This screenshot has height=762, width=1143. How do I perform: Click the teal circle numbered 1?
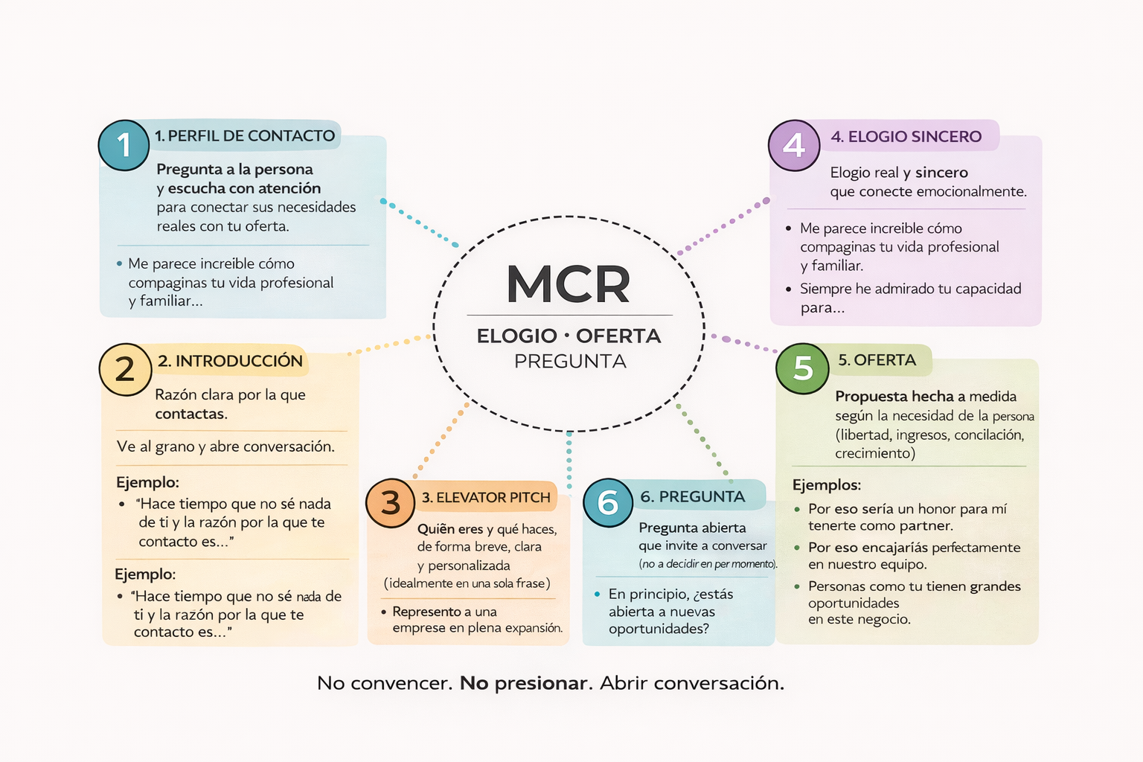[x=124, y=145]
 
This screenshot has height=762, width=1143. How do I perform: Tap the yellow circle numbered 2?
[x=125, y=369]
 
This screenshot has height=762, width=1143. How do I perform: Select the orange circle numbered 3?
[x=391, y=503]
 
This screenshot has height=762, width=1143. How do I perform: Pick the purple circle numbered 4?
[x=794, y=145]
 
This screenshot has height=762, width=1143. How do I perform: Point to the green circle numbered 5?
[x=802, y=368]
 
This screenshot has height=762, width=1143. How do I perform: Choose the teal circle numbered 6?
[x=608, y=503]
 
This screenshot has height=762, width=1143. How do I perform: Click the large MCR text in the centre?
[x=569, y=284]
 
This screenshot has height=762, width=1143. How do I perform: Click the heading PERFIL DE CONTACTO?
[x=245, y=136]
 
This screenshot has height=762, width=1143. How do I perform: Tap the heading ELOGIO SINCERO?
[x=906, y=137]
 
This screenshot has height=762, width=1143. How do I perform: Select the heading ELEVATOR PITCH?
[x=486, y=498]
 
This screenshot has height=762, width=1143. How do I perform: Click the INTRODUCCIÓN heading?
[x=230, y=361]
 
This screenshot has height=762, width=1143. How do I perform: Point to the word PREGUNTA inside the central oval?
[x=570, y=362]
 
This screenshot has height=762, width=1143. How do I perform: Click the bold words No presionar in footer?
[x=523, y=683]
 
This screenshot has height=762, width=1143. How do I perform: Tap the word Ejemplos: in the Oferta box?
[x=826, y=485]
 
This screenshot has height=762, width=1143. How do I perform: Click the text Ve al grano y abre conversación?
[x=225, y=446]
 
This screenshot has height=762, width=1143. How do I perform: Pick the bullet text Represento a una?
[x=444, y=612]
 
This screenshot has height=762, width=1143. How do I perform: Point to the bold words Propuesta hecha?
[x=894, y=397]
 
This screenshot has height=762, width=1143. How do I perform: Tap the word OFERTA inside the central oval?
[x=618, y=336]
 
